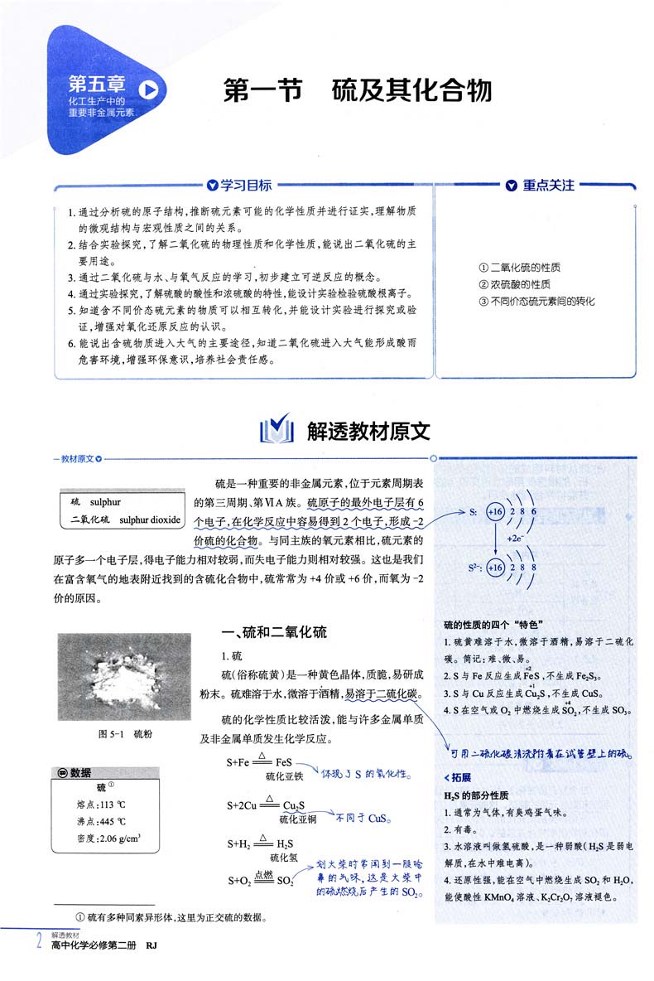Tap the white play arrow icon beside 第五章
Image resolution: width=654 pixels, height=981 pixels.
tap(149, 87)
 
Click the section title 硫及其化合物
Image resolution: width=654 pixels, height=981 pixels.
tap(411, 90)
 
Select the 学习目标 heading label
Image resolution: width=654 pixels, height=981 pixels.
tap(246, 186)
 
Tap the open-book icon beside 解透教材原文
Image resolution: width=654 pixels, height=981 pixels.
tap(277, 431)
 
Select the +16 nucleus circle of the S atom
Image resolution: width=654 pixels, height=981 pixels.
tap(496, 513)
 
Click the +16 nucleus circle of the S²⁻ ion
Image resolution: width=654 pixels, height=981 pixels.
tap(496, 568)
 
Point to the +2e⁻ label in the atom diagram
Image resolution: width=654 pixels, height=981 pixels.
tap(515, 538)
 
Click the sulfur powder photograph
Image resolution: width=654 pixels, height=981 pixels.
tap(124, 677)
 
